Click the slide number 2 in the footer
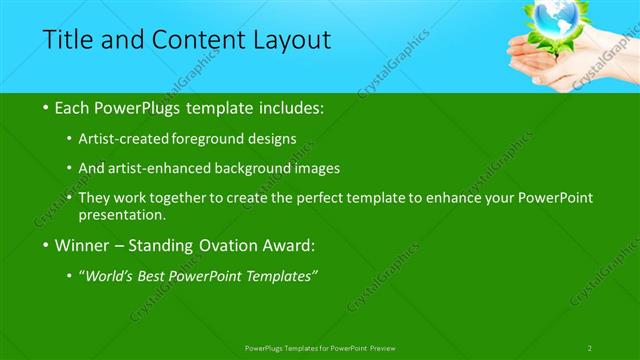tap(590, 347)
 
